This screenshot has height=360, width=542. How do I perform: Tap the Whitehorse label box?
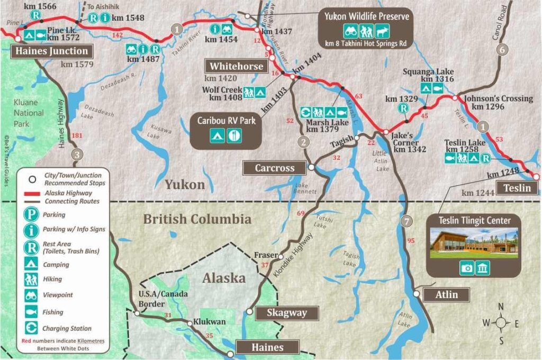236,66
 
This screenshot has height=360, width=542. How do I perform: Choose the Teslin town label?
517,187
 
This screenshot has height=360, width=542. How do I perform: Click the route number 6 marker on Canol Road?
502,50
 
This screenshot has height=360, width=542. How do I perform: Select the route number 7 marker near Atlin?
406,221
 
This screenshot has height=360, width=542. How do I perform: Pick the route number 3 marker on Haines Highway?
77,155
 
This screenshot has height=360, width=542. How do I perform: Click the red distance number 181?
77,136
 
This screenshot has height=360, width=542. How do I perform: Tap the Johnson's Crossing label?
498,98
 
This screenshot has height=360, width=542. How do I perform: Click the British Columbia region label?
197,219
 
